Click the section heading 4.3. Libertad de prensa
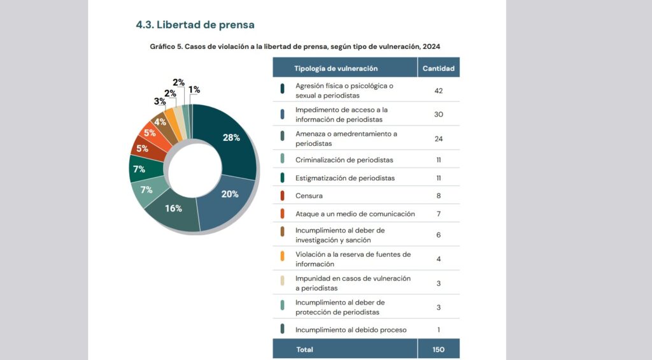coord(195,25)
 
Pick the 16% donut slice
coord(173,208)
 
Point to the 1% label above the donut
coord(194,90)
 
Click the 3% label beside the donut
coord(159,101)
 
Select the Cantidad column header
coord(438,68)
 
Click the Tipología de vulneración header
coord(336,68)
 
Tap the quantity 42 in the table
coord(438,90)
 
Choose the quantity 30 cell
coord(438,115)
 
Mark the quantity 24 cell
coord(438,139)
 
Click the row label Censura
coord(309,196)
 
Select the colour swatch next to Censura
coord(282,196)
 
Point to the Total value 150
coord(438,349)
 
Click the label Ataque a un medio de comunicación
coord(355,214)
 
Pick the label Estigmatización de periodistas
coord(345,178)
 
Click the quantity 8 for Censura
coord(438,196)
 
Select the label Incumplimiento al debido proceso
coord(351,330)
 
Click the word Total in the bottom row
coord(304,349)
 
